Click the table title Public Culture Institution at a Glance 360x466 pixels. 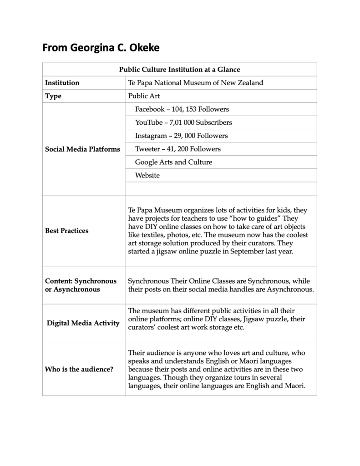179,69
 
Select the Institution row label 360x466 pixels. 62,83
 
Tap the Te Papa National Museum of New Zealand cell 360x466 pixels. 196,83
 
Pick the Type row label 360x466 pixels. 53,96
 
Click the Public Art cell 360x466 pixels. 144,96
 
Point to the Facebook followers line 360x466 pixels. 182,109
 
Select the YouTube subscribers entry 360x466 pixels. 183,122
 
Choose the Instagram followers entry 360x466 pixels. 181,136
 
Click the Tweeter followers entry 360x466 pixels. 177,149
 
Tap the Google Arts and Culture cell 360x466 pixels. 173,162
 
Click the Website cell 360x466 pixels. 147,175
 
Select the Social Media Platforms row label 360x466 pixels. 82,149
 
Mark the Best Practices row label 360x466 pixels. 66,231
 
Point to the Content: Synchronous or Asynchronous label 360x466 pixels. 81,285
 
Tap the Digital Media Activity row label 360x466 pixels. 83,323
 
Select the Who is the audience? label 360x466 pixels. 79,369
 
